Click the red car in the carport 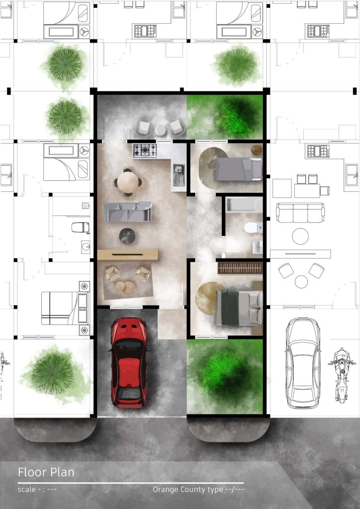coord(129,362)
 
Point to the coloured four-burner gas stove coord(145,151)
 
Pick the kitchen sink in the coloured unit coord(179,175)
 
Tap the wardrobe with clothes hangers coord(240,268)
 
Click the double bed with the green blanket coord(239,307)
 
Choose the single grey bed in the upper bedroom coord(239,169)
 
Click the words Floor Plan coord(46,472)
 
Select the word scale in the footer coord(27,489)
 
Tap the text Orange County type coord(188,490)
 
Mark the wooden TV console coord(128,255)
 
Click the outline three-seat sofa coord(300,213)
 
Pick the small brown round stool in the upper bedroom coord(257,150)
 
